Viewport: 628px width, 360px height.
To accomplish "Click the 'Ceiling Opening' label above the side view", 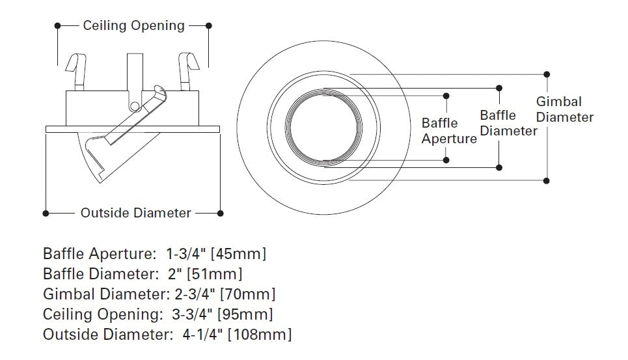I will tap(133, 26).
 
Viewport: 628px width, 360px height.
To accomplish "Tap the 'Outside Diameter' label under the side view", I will tap(135, 213).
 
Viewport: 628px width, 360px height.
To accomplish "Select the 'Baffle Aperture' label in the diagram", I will tap(449, 131).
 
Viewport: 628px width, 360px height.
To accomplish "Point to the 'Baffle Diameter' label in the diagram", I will tap(508, 123).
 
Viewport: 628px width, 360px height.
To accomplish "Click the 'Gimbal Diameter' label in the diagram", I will tap(564, 109).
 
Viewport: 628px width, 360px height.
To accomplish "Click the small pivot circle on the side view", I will tap(134, 106).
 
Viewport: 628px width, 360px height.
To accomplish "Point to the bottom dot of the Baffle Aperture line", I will tap(446, 159).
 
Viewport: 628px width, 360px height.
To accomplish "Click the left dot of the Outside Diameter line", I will tap(45, 213).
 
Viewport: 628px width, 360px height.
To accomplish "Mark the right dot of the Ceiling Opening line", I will tap(209, 26).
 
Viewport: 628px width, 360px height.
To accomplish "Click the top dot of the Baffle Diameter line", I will tap(499, 87).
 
